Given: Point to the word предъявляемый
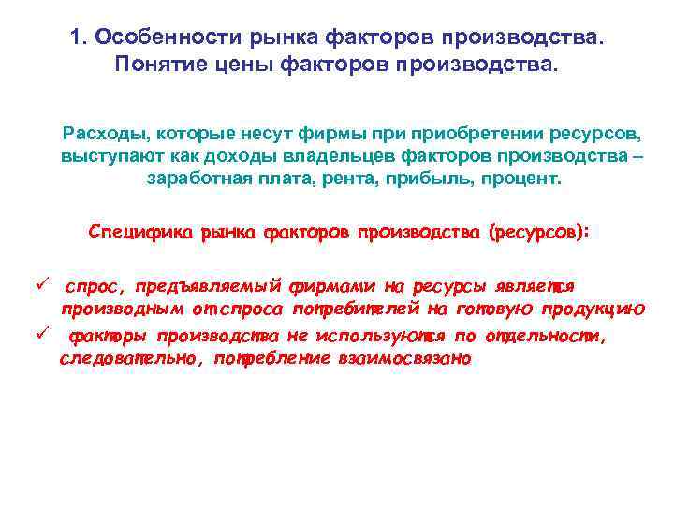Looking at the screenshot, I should (212, 285).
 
